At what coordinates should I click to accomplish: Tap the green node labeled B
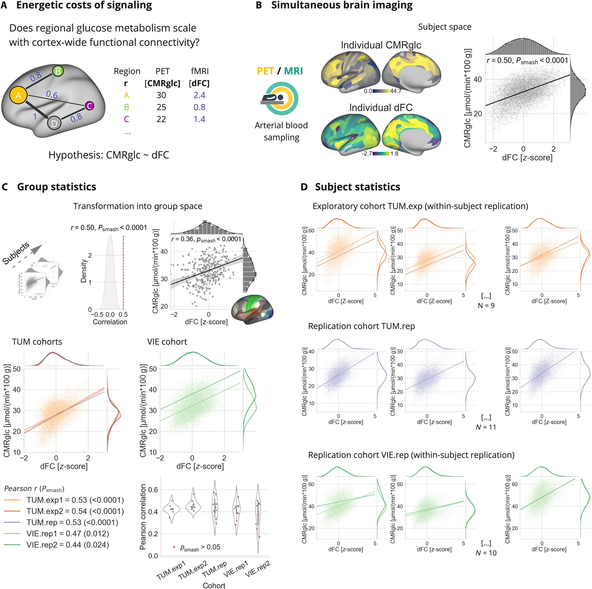pyautogui.click(x=58, y=71)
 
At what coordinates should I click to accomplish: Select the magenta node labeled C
pyautogui.click(x=89, y=106)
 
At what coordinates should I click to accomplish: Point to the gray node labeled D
pyautogui.click(x=54, y=123)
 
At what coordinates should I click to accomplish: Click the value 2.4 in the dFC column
pyautogui.click(x=199, y=95)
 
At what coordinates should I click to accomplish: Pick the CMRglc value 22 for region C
pyautogui.click(x=161, y=119)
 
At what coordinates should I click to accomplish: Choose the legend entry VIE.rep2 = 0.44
pyautogui.click(x=67, y=545)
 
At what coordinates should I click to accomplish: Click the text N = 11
pyautogui.click(x=486, y=427)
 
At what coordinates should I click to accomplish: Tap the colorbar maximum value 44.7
pyautogui.click(x=395, y=91)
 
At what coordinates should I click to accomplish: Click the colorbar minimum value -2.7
pyautogui.click(x=367, y=154)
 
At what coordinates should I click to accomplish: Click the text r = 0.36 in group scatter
pyautogui.click(x=182, y=239)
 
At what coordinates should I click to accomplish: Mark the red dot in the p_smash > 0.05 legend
pyautogui.click(x=174, y=547)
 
